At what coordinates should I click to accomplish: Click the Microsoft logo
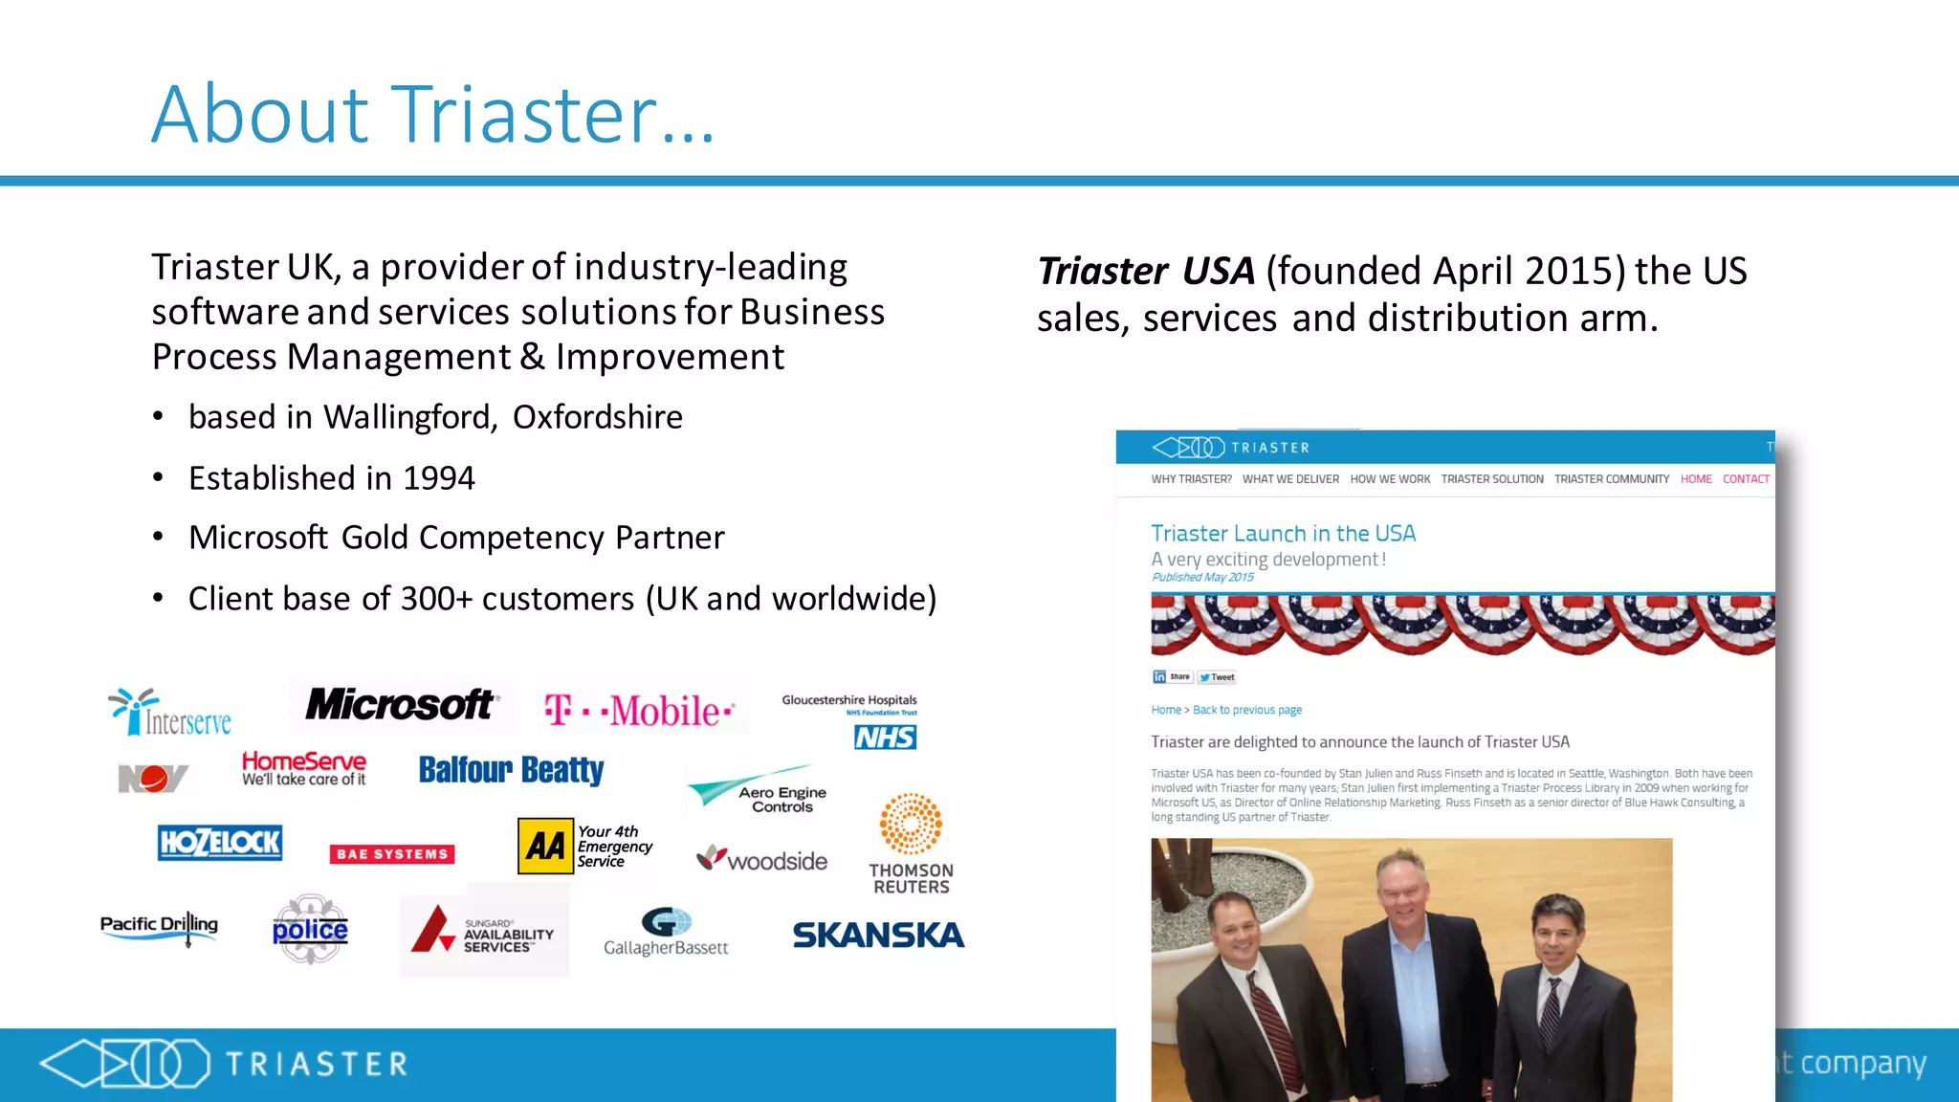point(400,705)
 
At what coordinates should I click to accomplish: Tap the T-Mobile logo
point(639,711)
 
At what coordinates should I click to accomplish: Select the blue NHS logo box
point(885,738)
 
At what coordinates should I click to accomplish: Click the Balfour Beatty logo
point(511,770)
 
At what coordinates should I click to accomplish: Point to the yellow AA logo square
point(545,847)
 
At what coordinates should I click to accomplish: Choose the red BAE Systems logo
point(392,854)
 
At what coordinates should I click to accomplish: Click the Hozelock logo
point(220,843)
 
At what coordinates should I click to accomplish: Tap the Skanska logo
point(878,935)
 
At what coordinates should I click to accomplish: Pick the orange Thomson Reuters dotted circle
point(911,824)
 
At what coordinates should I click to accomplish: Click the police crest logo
point(310,930)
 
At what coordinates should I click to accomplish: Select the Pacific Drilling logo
point(160,925)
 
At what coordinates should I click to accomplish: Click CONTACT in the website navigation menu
point(1746,479)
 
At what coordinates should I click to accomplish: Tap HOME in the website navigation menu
point(1696,479)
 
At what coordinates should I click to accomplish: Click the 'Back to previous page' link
point(1247,710)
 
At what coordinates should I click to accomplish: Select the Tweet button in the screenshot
point(1218,677)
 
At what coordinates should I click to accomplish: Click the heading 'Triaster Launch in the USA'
point(1283,534)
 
